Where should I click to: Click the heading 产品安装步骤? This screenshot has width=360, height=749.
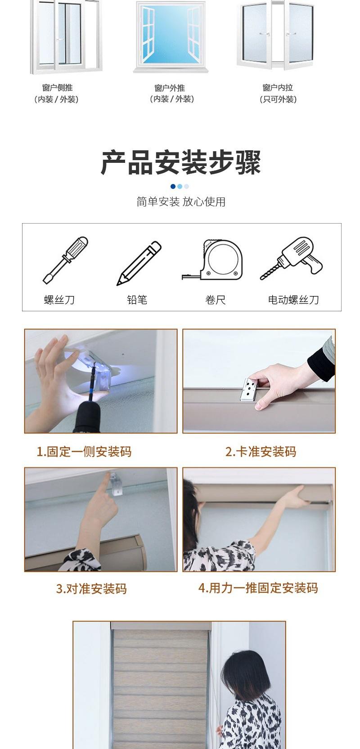pos(180,163)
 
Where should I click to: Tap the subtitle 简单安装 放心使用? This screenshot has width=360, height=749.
pos(180,202)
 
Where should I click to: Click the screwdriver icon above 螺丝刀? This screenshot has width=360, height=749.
pos(65,260)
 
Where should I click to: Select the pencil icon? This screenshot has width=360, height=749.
pos(139,263)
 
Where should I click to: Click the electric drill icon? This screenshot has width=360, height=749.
pos(292,259)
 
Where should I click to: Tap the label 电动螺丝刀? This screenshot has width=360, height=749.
pos(293,300)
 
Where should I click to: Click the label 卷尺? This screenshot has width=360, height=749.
pos(215,300)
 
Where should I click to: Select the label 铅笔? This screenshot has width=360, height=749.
pos(137,300)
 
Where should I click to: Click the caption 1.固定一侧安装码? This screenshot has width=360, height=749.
pos(84,452)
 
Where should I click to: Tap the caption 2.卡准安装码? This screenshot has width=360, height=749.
pos(261,452)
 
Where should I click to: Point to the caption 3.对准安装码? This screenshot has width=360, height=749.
pos(91,588)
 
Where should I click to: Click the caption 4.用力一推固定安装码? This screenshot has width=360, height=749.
pos(258,588)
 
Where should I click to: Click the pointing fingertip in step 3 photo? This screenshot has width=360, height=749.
pos(108,475)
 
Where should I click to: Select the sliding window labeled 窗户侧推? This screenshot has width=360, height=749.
pos(66,36)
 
